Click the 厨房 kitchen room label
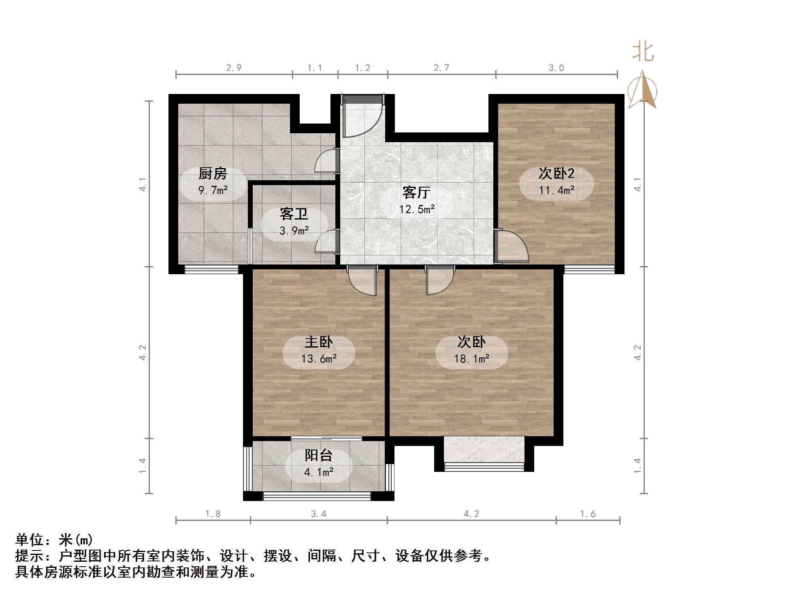pyautogui.click(x=213, y=174)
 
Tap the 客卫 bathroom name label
pyautogui.click(x=294, y=214)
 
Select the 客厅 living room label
pyautogui.click(x=416, y=192)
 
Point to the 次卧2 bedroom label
pyautogui.click(x=556, y=173)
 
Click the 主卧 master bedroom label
pyautogui.click(x=319, y=342)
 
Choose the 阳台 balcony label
pyautogui.click(x=318, y=456)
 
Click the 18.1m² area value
pyautogui.click(x=471, y=359)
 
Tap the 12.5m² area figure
pyautogui.click(x=417, y=209)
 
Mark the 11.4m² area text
pyautogui.click(x=556, y=190)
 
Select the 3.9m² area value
pyautogui.click(x=294, y=231)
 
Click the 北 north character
pyautogui.click(x=643, y=52)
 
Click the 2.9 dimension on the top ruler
pyautogui.click(x=234, y=68)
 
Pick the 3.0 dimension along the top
pyautogui.click(x=556, y=68)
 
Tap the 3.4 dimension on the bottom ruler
pyautogui.click(x=318, y=514)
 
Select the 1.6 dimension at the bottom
pyautogui.click(x=588, y=514)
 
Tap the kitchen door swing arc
pyautogui.click(x=326, y=161)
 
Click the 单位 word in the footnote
pyautogui.click(x=30, y=540)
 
